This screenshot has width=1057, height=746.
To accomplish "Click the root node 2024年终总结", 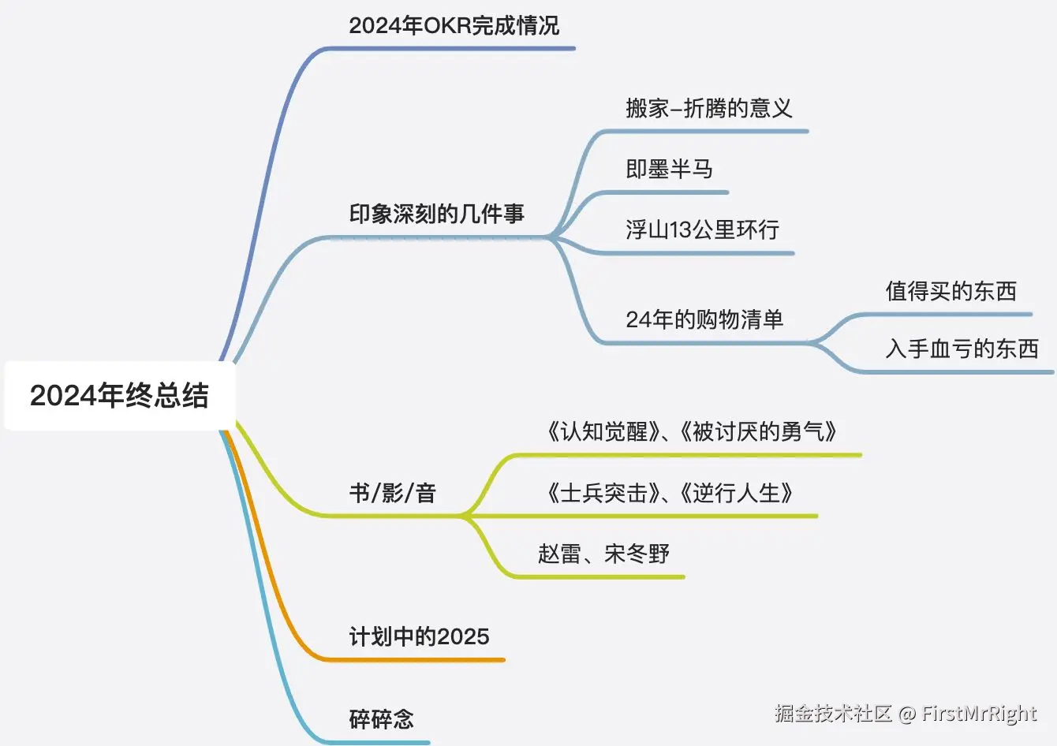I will click(119, 395).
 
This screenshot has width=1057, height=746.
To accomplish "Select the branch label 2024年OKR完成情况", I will click(454, 26).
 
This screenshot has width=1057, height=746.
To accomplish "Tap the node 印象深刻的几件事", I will click(436, 214).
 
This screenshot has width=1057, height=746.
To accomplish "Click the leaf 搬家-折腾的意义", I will click(708, 108).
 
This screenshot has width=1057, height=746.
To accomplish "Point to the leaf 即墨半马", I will click(669, 169).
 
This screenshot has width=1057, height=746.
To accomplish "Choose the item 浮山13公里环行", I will click(702, 229).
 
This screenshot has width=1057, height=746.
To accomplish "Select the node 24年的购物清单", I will click(704, 319).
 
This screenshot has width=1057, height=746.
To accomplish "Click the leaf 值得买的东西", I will click(951, 291).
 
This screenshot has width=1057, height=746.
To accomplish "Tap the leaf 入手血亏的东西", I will click(962, 349).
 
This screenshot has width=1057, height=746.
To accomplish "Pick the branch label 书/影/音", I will click(392, 494).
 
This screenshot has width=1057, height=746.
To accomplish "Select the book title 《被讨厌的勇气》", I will click(759, 431).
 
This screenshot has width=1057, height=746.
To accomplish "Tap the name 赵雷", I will click(559, 554).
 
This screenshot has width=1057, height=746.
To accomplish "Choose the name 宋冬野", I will click(637, 554).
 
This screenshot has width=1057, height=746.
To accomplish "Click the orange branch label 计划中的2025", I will click(419, 636).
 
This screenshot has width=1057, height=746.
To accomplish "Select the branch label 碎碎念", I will click(381, 719).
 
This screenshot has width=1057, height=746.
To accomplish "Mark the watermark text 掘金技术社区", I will click(833, 714).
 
